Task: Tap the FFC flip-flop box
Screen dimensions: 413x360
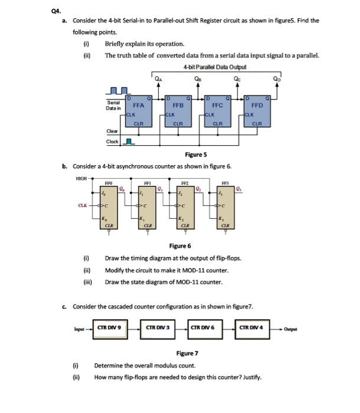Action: tap(217, 109)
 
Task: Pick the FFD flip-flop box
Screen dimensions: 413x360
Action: tap(257, 109)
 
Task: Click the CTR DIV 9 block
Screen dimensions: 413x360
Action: tap(109, 329)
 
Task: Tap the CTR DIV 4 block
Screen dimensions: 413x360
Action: tap(254, 329)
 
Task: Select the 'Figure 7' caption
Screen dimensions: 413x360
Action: tap(187, 353)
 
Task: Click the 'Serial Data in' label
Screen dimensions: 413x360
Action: tap(113, 105)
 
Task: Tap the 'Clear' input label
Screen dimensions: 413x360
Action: tap(112, 132)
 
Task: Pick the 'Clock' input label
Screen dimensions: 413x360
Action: tap(112, 142)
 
